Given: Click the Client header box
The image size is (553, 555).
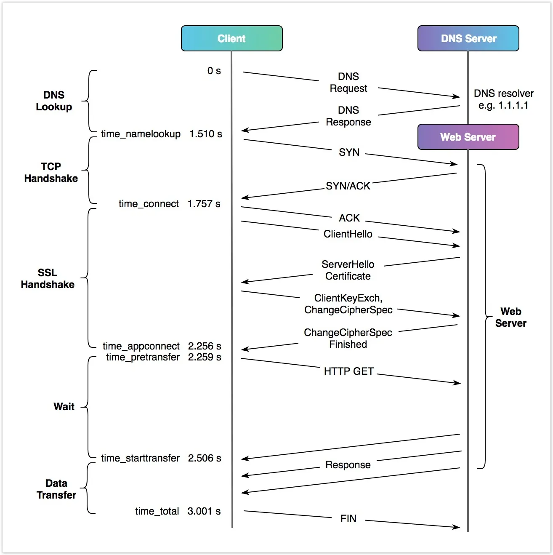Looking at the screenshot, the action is [x=231, y=38].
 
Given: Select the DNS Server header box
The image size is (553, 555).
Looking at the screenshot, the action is [x=468, y=38].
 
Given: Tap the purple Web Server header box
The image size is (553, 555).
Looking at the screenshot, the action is [x=468, y=137].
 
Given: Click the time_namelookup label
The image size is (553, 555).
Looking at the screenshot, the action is [x=141, y=134].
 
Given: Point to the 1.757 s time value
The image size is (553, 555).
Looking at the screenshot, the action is [x=204, y=204].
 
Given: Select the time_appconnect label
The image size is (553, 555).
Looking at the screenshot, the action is [x=141, y=346].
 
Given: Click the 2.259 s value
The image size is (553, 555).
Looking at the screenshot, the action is [x=205, y=357].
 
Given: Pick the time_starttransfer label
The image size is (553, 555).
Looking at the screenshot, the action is [x=140, y=458].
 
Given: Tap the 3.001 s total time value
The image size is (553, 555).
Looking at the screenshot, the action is [x=204, y=511].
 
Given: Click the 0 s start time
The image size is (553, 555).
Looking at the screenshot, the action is [x=214, y=71].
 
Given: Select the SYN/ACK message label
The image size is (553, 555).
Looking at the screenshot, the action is [x=348, y=186].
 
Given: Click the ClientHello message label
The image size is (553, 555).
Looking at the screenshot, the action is [x=348, y=234].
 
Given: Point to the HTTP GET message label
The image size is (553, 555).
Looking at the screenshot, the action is [x=348, y=371].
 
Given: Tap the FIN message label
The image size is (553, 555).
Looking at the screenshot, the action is [x=348, y=518].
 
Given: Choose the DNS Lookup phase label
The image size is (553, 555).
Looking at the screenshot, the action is [x=54, y=101].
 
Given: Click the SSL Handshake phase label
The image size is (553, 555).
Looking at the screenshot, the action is [x=48, y=278].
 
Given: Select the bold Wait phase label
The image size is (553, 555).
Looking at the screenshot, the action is [x=64, y=406].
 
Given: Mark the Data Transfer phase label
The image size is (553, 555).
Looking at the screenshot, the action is [x=56, y=489].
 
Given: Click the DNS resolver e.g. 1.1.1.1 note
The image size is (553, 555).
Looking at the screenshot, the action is [x=503, y=99].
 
